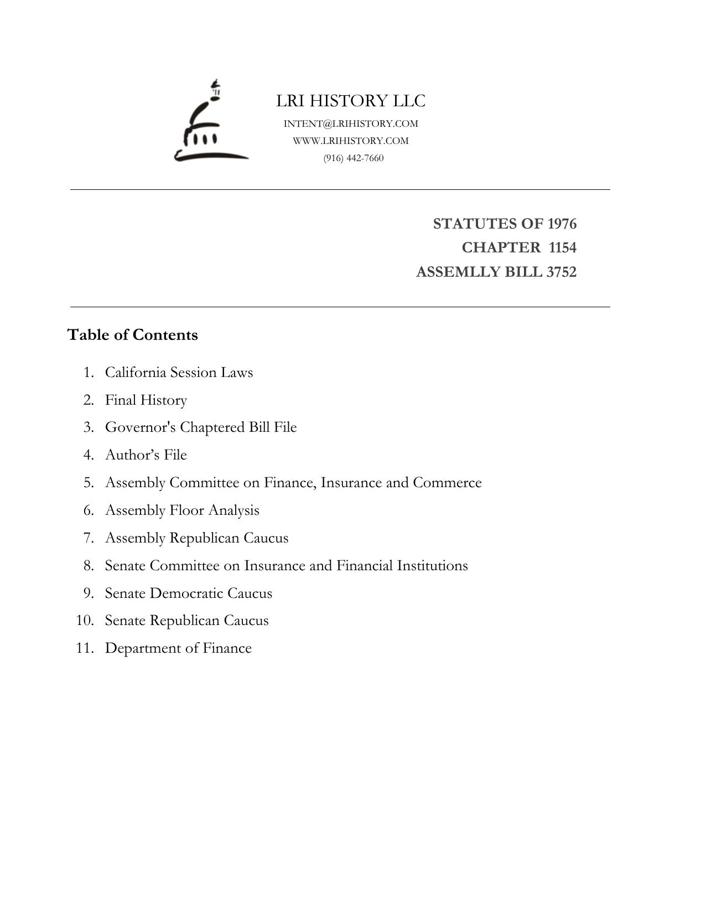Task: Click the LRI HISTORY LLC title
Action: pyautogui.click(x=351, y=101)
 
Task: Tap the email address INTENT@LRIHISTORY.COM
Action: pyautogui.click(x=351, y=123)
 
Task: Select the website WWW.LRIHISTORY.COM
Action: pyautogui.click(x=351, y=141)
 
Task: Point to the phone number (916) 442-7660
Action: pyautogui.click(x=354, y=158)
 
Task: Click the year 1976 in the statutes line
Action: pyautogui.click(x=562, y=224)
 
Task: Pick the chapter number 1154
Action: pyautogui.click(x=562, y=247)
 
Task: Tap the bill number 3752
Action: pyautogui.click(x=561, y=272)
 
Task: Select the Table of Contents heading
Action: pyautogui.click(x=132, y=335)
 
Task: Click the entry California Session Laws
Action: pyautogui.click(x=179, y=373)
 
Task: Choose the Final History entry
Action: pyautogui.click(x=146, y=400)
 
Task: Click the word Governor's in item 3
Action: pyautogui.click(x=141, y=427)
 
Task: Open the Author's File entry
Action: pyautogui.click(x=146, y=455)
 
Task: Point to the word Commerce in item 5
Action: pyautogui.click(x=447, y=483)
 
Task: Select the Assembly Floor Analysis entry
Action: pyautogui.click(x=182, y=510)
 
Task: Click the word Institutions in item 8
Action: pyautogui.click(x=432, y=566)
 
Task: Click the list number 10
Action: pyautogui.click(x=85, y=621)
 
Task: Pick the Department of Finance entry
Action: pyautogui.click(x=178, y=648)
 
